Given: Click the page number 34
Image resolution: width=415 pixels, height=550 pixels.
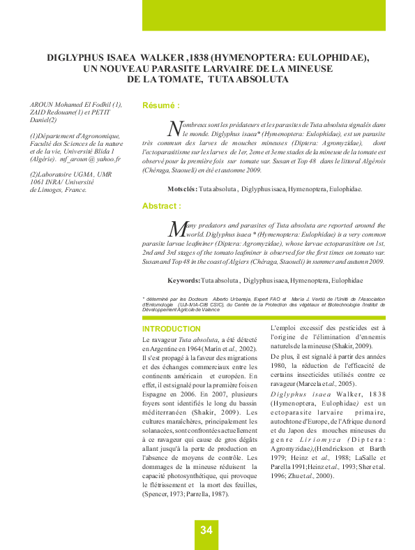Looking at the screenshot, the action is pyautogui.click(x=206, y=530).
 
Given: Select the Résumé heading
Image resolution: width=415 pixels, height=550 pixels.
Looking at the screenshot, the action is pyautogui.click(x=161, y=105).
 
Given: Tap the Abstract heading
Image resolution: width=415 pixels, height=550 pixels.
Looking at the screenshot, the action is pyautogui.click(x=161, y=207).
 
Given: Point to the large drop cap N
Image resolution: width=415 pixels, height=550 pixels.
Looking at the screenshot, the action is pyautogui.click(x=174, y=128).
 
